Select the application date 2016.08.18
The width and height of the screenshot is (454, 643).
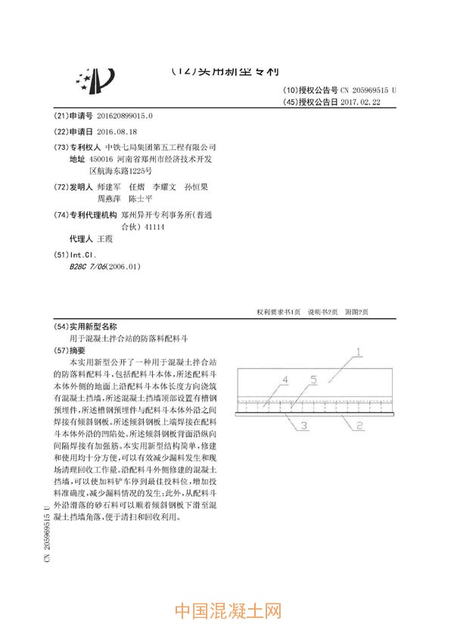click(114, 131)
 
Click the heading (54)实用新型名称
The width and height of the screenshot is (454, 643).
click(88, 327)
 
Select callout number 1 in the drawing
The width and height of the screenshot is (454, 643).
click(359, 352)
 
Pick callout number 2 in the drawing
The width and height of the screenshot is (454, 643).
click(360, 426)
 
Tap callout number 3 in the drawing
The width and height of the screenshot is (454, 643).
click(302, 427)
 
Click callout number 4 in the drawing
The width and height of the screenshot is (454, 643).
click(285, 379)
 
